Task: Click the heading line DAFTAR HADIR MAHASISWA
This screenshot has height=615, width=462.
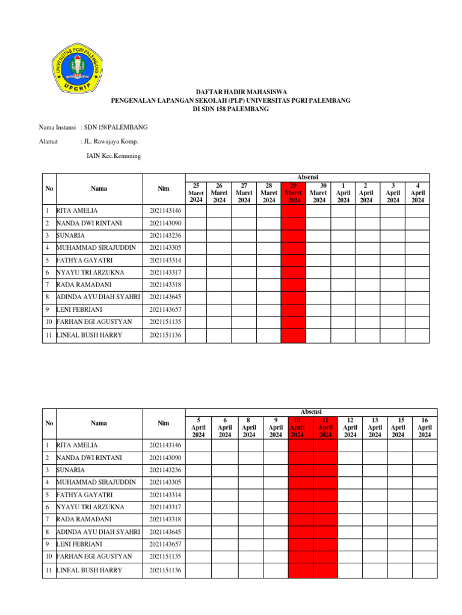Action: tap(230, 92)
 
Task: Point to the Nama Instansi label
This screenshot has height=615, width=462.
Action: tap(57, 127)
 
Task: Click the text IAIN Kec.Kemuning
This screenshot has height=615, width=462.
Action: tap(114, 156)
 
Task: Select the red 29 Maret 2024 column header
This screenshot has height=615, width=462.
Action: tap(294, 193)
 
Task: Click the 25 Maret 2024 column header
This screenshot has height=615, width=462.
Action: tap(197, 193)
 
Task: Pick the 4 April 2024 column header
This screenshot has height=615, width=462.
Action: tap(417, 193)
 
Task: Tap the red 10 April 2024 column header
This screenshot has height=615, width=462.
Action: tap(300, 428)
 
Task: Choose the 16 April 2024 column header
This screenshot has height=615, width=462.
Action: tap(425, 428)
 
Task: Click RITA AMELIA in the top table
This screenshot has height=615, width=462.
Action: tap(76, 211)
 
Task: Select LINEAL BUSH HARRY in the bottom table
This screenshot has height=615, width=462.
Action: tap(89, 570)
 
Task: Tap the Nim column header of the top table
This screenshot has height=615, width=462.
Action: tap(163, 189)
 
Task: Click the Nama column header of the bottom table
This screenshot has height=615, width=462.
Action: tap(99, 423)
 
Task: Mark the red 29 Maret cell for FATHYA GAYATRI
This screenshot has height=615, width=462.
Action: tap(294, 260)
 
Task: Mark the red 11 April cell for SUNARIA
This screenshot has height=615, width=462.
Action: tap(325, 470)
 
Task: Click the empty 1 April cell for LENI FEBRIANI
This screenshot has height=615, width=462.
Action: tap(343, 310)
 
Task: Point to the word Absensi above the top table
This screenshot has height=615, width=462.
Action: tap(307, 177)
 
